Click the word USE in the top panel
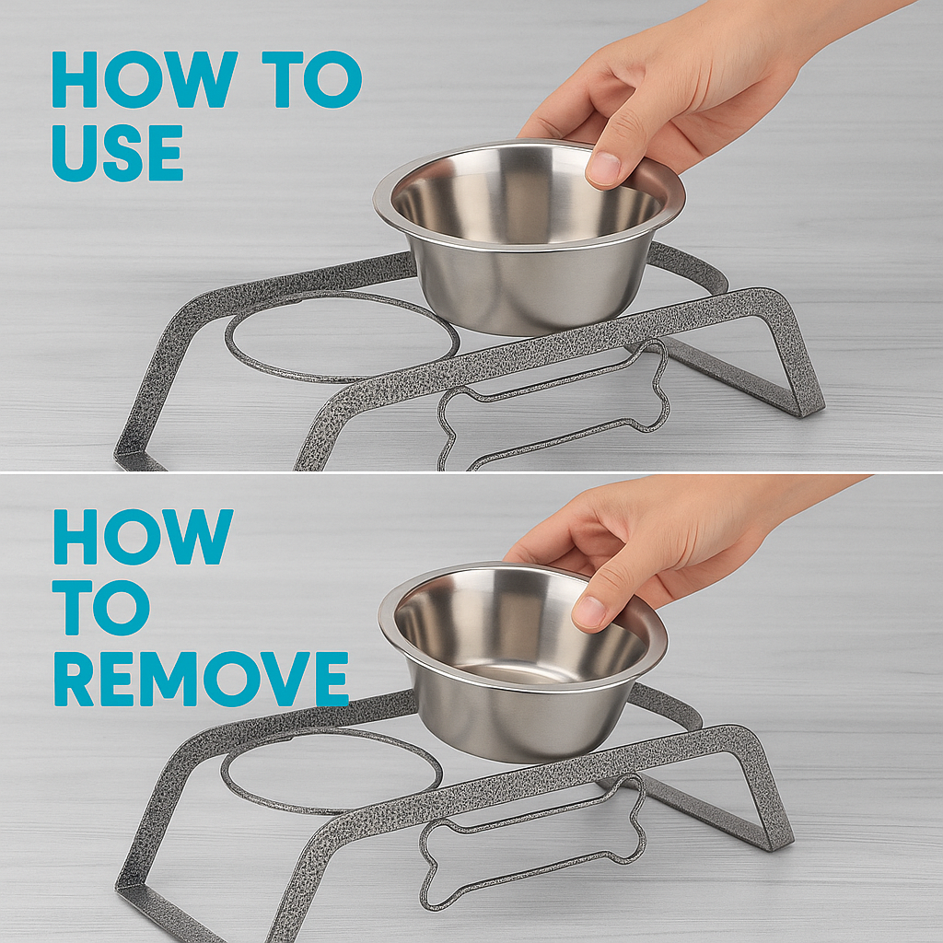coord(117,153)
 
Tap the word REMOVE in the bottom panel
coord(201,679)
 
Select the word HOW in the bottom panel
coord(143,537)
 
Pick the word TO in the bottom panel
coord(101,608)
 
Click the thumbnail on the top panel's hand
coord(603,168)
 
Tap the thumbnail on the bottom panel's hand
coord(589,611)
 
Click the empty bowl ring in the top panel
coord(342,378)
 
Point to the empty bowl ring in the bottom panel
coord(331,811)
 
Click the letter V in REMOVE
coord(290,679)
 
